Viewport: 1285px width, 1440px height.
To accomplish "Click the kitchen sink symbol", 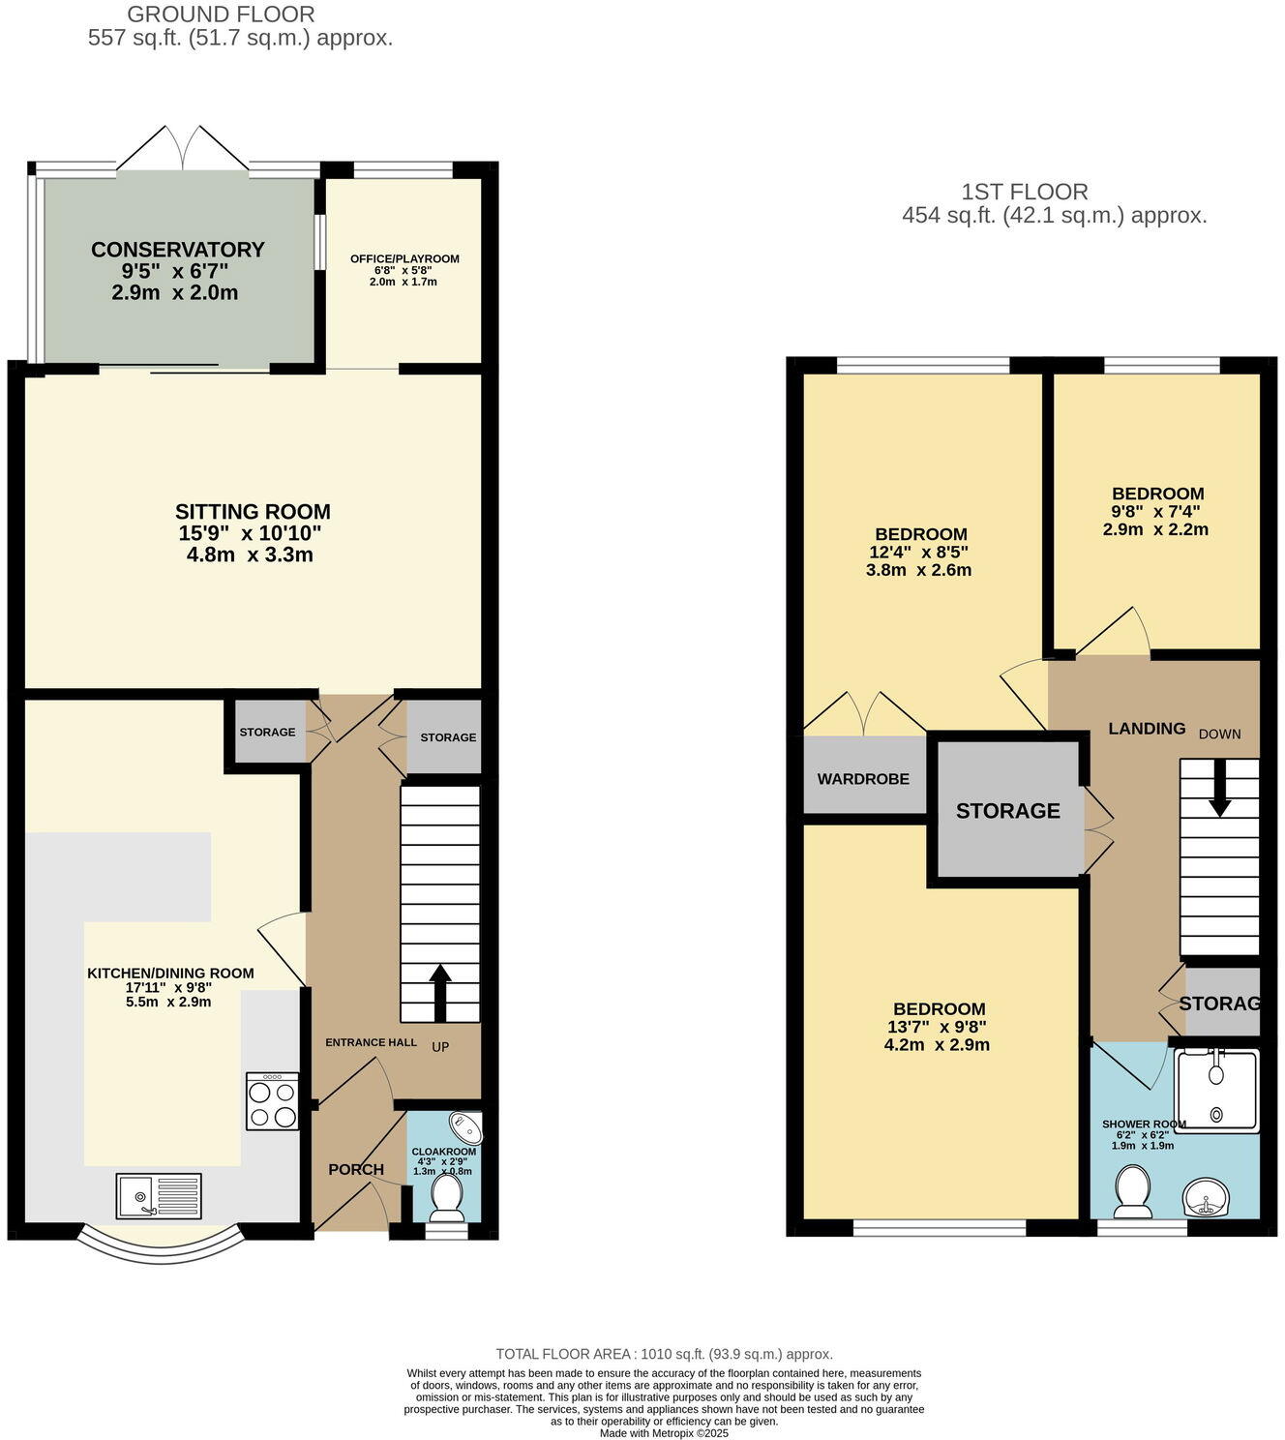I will click(x=160, y=1196).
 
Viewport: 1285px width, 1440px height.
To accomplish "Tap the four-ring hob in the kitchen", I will click(x=272, y=1101).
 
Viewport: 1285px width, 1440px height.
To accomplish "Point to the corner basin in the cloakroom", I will click(x=465, y=1127).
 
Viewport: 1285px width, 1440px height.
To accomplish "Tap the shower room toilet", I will click(x=1131, y=1190).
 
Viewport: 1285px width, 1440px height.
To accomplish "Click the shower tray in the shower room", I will click(x=1217, y=1090).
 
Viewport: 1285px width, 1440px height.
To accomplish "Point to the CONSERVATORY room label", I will click(x=177, y=250).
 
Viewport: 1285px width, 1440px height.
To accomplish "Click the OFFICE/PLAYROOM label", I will click(x=404, y=258).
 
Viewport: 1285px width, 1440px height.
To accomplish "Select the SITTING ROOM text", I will click(x=253, y=512).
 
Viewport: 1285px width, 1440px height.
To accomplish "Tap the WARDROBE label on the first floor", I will click(x=863, y=779).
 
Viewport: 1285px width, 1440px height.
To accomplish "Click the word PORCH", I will click(x=356, y=1169).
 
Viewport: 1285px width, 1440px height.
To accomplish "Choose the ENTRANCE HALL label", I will click(x=371, y=1042).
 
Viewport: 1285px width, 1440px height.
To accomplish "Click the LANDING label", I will click(x=1147, y=729).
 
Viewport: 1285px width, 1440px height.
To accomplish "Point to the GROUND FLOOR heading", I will click(x=221, y=15).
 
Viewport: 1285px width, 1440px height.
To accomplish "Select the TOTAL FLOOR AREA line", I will click(x=664, y=1354).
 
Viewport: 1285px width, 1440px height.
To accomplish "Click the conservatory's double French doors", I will click(x=183, y=148).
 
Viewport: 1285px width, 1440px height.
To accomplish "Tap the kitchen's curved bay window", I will click(x=160, y=1248).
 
